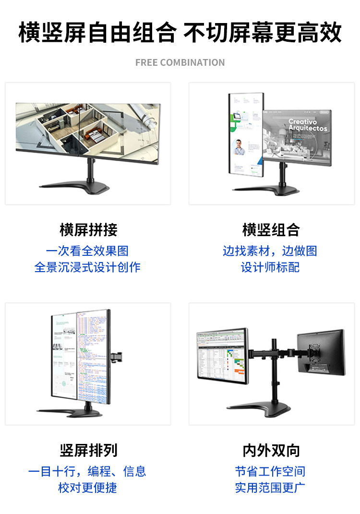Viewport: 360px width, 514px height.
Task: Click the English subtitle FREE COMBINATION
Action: (180, 62)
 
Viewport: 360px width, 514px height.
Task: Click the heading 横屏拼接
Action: (88, 230)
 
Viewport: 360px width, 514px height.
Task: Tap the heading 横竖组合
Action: (271, 230)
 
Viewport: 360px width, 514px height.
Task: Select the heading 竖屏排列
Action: (88, 450)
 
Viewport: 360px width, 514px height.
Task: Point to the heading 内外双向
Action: (271, 450)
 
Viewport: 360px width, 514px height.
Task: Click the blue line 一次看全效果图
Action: (87, 251)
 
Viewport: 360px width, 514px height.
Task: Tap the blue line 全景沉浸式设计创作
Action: (87, 267)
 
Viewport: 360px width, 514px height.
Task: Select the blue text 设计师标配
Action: (270, 267)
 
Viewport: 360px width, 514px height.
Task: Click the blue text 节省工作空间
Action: (270, 471)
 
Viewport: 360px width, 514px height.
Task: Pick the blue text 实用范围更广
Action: (270, 488)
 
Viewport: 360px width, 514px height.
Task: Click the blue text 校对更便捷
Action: (87, 488)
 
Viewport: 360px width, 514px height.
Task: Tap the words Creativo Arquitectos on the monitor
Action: (308, 125)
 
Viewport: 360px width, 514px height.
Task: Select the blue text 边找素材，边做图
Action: (270, 251)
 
